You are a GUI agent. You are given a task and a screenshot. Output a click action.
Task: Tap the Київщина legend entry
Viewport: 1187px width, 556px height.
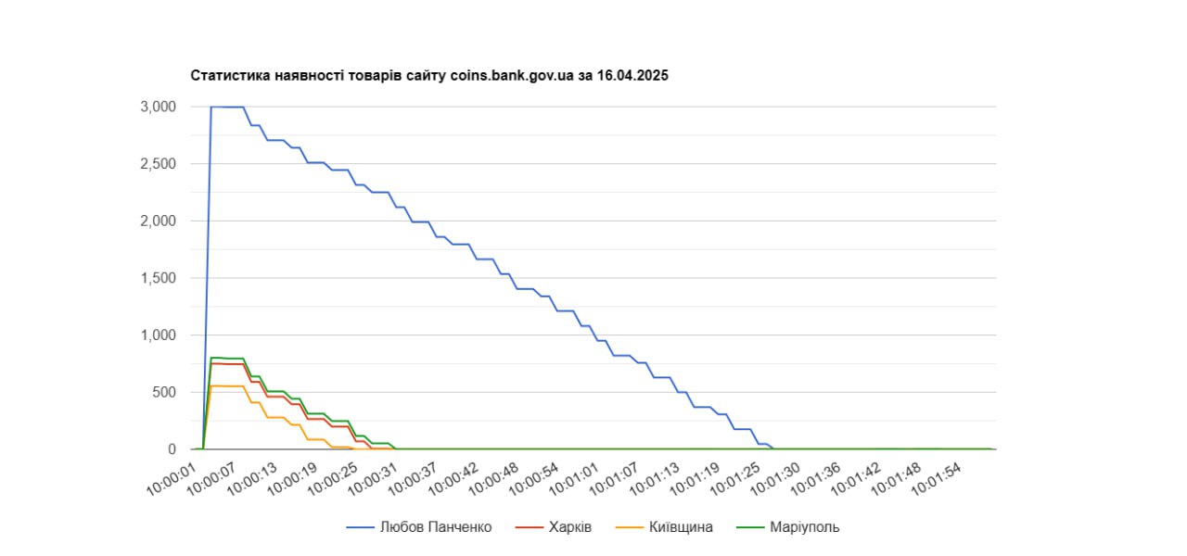coord(681,527)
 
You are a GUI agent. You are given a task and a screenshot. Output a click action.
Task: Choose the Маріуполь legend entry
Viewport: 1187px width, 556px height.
coord(804,527)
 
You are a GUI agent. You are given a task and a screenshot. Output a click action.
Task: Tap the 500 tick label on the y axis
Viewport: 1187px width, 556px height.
coord(164,392)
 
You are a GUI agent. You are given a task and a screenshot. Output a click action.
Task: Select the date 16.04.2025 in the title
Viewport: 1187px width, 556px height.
coord(634,75)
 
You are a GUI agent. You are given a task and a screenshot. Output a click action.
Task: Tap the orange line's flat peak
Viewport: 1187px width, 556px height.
coord(227,385)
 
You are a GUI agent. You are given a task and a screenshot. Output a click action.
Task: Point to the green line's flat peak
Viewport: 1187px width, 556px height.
coord(227,358)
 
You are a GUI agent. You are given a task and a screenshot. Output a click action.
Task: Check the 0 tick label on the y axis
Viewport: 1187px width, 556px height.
coord(172,449)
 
